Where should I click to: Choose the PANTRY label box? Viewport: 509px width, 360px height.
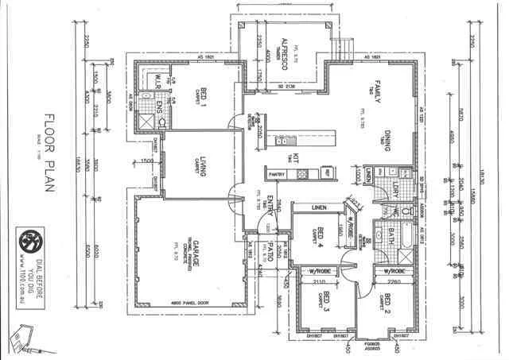(277, 173)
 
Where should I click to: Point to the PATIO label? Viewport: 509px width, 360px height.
(270, 247)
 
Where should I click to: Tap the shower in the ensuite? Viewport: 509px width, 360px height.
(146, 121)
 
